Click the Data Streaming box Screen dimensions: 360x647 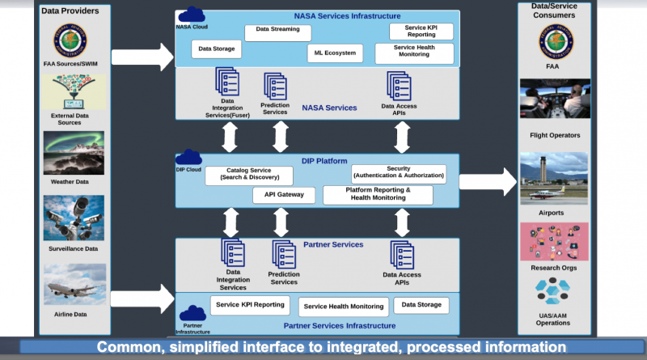277,32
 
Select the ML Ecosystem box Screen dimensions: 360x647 335,53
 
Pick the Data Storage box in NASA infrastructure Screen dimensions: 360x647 216,49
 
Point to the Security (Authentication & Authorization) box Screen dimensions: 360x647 399,173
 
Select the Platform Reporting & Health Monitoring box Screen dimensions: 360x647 378,194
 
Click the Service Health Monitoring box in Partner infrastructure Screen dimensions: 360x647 344,307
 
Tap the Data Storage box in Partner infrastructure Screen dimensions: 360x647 421,305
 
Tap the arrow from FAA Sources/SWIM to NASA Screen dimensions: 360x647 142,57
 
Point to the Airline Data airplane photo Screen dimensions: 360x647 74,285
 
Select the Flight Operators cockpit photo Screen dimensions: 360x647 554,100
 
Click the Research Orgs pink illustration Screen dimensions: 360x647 554,241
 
